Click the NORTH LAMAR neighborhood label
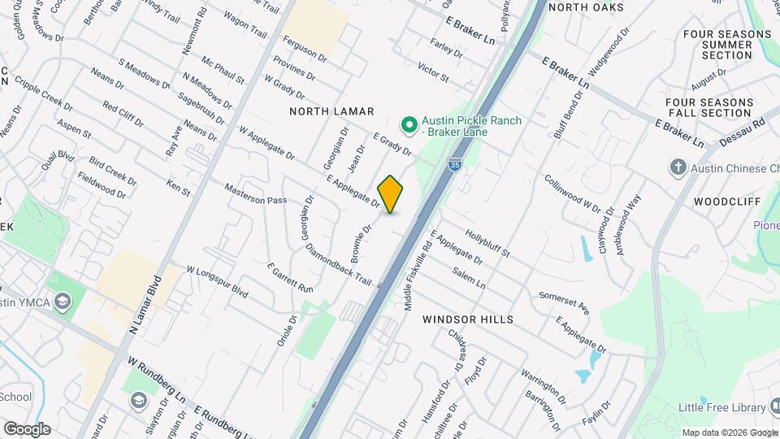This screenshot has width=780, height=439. tap(332, 111)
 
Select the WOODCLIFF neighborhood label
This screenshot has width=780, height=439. tap(727, 201)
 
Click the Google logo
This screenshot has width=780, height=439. tap(27, 429)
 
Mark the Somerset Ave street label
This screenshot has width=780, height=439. tap(563, 302)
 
